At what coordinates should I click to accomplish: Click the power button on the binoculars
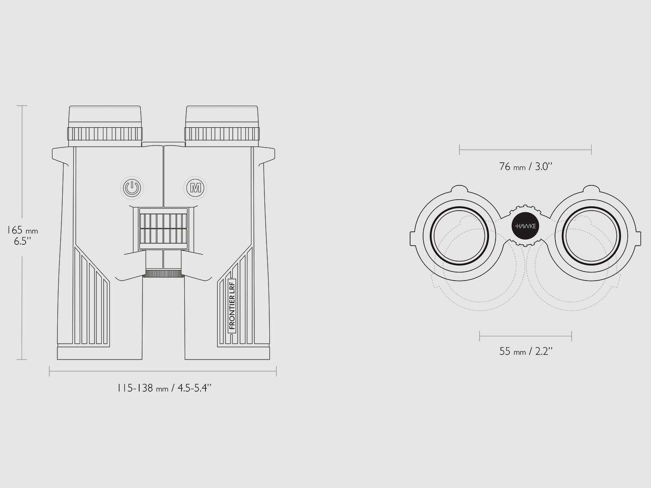[x=132, y=188]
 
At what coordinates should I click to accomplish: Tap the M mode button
[x=195, y=188]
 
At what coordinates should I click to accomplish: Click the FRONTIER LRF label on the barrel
[x=232, y=306]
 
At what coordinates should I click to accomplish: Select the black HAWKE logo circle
[x=526, y=226]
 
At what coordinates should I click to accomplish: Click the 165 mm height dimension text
[x=22, y=230]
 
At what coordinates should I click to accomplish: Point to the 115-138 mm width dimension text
[x=164, y=388]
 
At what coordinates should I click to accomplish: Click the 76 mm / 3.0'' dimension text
[x=525, y=166]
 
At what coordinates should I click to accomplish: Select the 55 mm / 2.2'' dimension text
[x=526, y=351]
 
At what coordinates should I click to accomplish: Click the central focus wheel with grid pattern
[x=164, y=229]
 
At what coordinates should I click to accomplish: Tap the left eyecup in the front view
[x=105, y=126]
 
